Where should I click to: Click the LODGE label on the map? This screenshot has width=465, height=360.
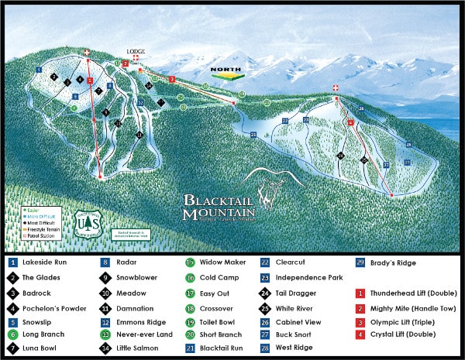coord(136,52)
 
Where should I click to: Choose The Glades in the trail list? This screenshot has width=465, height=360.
coord(39,277)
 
